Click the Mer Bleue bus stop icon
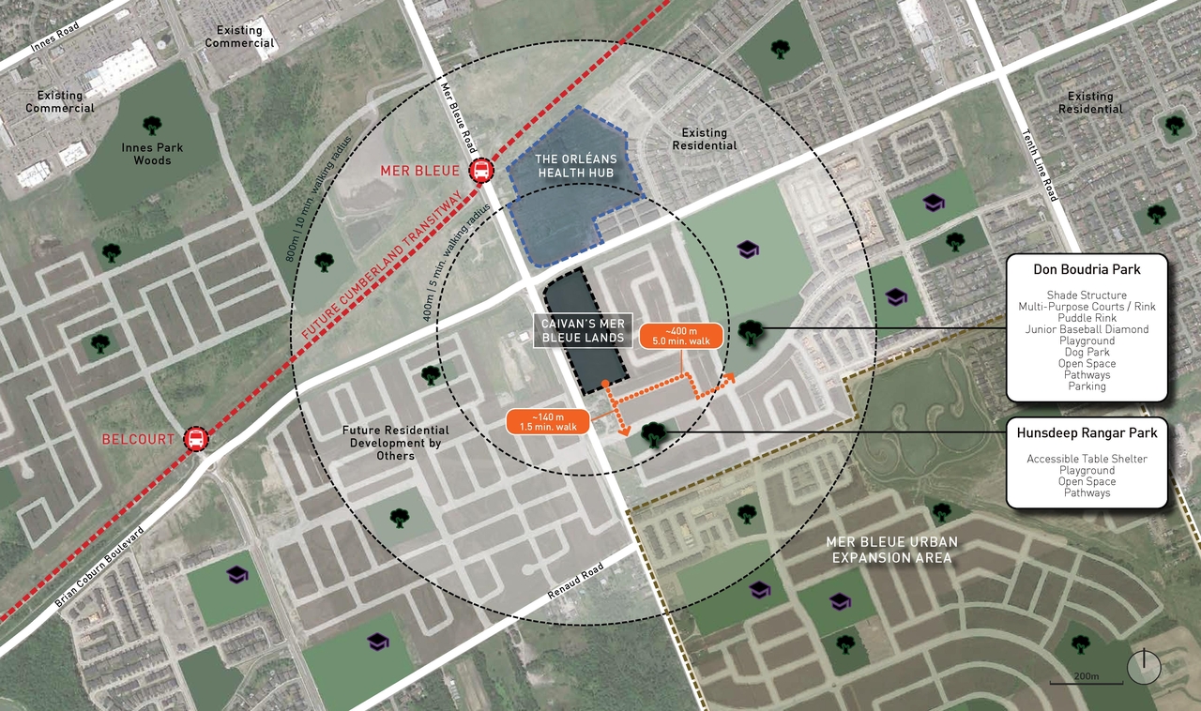tap(481, 171)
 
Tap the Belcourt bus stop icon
tap(196, 439)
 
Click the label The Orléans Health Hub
tap(574, 166)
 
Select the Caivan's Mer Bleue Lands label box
tap(582, 330)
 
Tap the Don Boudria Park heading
tap(1087, 269)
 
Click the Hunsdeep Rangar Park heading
tap(1087, 433)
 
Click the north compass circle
tap(1145, 667)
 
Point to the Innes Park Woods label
tap(152, 154)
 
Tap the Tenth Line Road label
tap(1040, 165)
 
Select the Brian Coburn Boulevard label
tap(99, 568)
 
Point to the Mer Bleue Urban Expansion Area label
tap(891, 550)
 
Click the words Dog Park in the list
tap(1087, 353)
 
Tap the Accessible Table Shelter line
tap(1087, 459)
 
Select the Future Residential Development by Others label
tap(396, 443)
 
